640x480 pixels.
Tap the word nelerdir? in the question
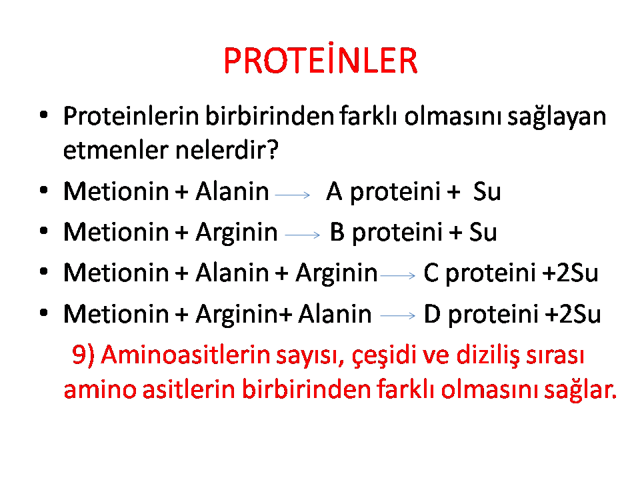point(227,149)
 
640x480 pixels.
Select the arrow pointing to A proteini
point(292,195)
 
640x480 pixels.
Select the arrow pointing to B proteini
point(302,235)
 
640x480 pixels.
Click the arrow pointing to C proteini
point(397,276)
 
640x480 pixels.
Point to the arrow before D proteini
point(397,315)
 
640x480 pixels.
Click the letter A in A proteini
point(334,191)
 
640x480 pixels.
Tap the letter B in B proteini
point(337,231)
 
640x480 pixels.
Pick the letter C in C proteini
point(431,272)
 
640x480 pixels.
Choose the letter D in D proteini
point(432,313)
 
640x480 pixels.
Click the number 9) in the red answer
point(83,354)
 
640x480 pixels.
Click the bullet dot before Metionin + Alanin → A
point(44,190)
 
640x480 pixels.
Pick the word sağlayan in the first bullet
point(557,117)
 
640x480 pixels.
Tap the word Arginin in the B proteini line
point(236,233)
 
